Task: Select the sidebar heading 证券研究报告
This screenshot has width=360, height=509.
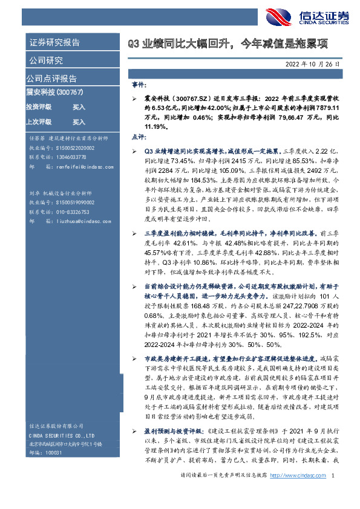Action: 54,43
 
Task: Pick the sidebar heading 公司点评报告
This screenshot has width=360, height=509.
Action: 51,79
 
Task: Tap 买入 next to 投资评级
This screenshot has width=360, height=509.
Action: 79,106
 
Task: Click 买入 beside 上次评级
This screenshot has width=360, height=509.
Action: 79,122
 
